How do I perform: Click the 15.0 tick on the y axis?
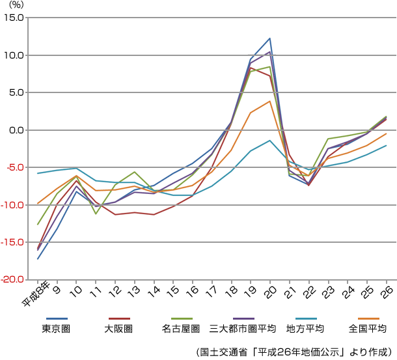point(14,18)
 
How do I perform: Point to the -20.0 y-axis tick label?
point(13,280)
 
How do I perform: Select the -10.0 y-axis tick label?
point(13,205)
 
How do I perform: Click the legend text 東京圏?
point(56,328)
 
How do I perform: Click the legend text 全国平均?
point(368,328)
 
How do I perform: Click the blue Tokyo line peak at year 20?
point(269,38)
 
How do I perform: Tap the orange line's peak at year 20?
point(269,101)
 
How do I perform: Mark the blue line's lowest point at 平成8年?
point(38,259)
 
